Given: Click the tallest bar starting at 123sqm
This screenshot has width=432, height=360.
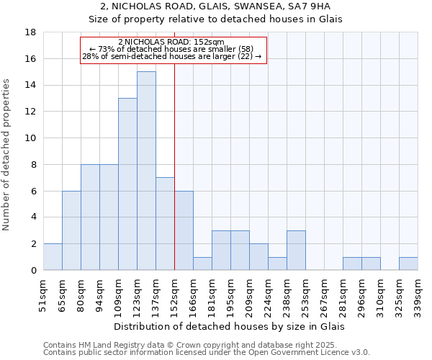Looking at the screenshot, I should click(x=146, y=171).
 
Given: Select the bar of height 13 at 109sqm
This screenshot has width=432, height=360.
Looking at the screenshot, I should click(x=127, y=184).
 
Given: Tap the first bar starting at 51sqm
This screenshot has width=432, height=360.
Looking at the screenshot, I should click(x=53, y=256).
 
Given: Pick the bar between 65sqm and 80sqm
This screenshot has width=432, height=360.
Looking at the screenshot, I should click(x=71, y=230).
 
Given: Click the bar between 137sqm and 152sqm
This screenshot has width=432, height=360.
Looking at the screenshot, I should click(x=165, y=223).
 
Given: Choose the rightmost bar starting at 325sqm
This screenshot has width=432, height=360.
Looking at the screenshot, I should click(x=408, y=264).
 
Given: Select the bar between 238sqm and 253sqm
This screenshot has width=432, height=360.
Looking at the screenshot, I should click(x=296, y=250).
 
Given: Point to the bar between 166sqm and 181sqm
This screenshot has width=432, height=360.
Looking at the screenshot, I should click(x=202, y=264).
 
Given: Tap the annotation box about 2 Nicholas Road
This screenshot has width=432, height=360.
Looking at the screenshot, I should click(x=173, y=50).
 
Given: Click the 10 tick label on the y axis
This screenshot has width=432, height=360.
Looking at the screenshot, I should click(x=30, y=138).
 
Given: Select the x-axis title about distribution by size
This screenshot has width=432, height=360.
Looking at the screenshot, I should click(x=230, y=326).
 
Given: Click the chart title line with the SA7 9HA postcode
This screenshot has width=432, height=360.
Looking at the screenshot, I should click(x=215, y=7).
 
